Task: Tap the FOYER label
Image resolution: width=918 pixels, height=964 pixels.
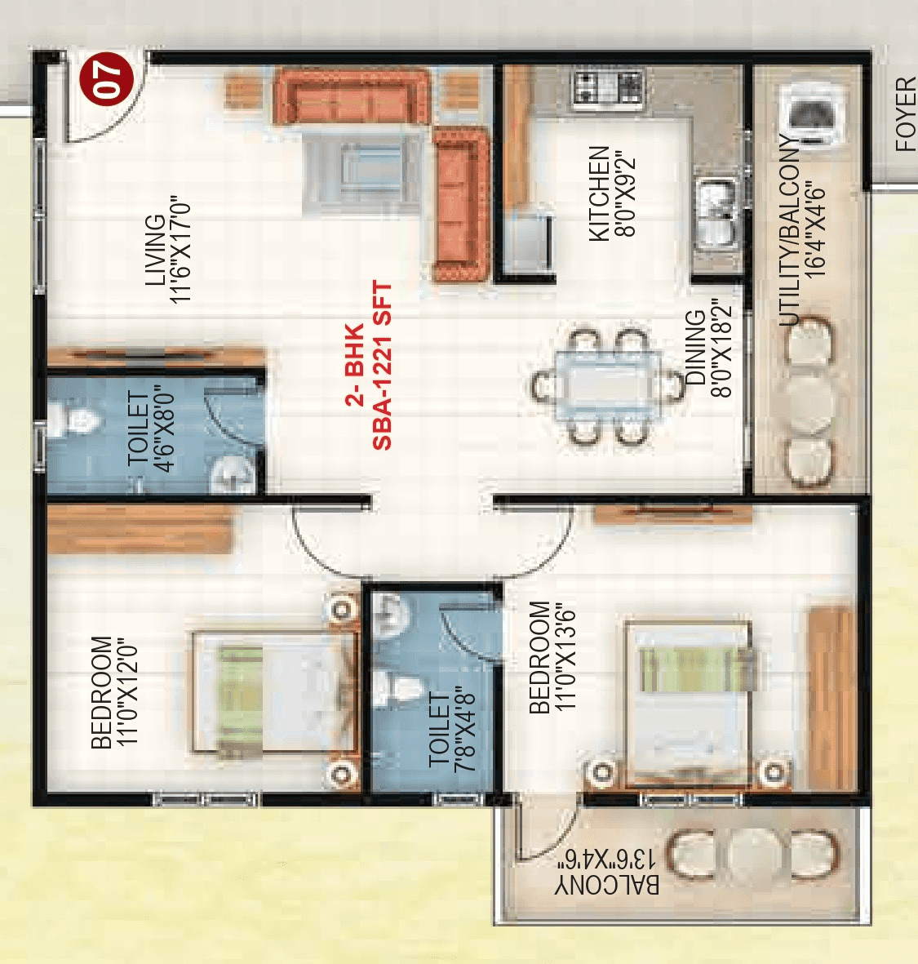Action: pos(906,114)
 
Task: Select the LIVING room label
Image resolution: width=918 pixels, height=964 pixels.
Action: pos(154,251)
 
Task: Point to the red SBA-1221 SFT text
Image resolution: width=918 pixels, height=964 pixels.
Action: pos(382,366)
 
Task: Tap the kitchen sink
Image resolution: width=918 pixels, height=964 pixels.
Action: pos(716,213)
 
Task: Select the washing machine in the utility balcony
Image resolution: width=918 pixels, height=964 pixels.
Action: pos(809,115)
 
